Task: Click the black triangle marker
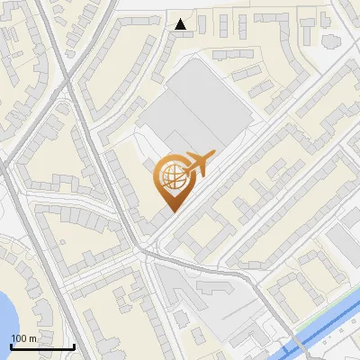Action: click(x=181, y=24)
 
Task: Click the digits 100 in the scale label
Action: click(x=19, y=338)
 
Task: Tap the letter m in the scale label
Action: click(x=32, y=338)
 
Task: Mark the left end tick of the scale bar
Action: click(x=11, y=346)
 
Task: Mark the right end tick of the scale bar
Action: click(x=74, y=346)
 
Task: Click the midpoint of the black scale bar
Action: click(x=42, y=347)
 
